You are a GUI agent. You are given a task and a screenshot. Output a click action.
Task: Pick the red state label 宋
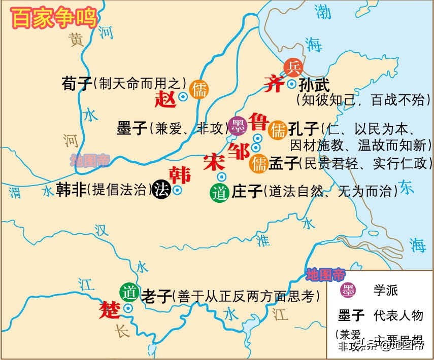(x=213, y=161)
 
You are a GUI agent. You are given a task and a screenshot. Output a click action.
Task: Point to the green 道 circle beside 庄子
(x=219, y=193)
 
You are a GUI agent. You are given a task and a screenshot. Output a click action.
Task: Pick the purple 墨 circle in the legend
(x=348, y=291)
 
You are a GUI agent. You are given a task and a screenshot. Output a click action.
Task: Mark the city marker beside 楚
(x=128, y=308)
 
